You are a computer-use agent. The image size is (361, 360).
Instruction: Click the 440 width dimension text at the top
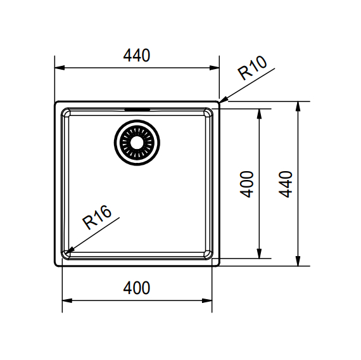[137, 56]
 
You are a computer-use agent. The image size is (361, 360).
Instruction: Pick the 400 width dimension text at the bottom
[137, 288]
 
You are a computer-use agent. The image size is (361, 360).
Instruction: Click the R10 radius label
[253, 68]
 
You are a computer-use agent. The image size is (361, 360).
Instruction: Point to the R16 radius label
[97, 217]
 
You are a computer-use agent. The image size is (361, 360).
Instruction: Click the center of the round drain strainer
[137, 142]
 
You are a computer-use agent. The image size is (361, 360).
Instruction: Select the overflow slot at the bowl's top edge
[137, 109]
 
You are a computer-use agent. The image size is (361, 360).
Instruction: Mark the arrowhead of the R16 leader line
[70, 250]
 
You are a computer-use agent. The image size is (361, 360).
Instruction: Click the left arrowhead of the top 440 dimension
[59, 67]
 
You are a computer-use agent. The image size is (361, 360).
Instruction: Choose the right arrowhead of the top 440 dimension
[215, 67]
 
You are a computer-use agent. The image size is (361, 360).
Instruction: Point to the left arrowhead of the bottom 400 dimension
[65, 300]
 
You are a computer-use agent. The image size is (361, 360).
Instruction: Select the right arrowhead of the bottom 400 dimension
[208, 300]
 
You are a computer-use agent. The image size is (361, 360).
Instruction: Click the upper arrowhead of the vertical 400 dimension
[259, 112]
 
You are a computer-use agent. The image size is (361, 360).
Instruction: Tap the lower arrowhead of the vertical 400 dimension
[259, 255]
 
